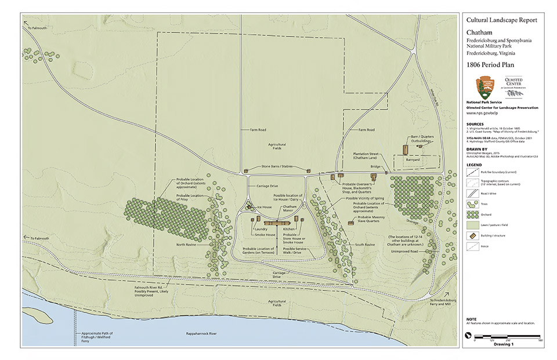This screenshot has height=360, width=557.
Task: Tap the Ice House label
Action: click(x=264, y=207)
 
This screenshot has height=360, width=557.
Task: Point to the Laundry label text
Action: click(x=261, y=230)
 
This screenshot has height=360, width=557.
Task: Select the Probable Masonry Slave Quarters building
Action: click(x=350, y=223)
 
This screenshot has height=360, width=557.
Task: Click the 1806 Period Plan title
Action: click(x=490, y=65)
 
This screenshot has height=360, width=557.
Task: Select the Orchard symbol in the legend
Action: click(x=472, y=214)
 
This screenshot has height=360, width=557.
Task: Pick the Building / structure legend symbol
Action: click(x=472, y=235)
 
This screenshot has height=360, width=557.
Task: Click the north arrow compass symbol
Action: click(x=469, y=335)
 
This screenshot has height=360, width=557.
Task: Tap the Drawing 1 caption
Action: click(x=504, y=344)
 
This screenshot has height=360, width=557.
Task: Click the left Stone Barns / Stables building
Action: click(x=246, y=171)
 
